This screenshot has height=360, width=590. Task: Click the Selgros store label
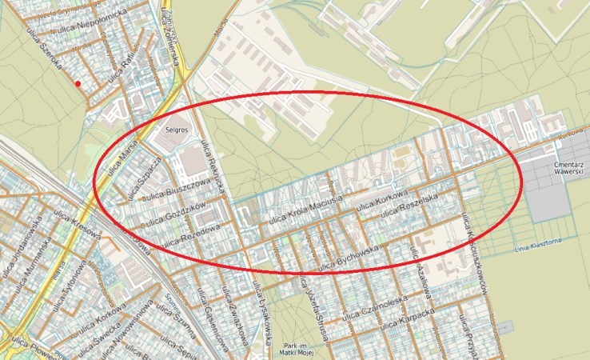[x=175, y=128]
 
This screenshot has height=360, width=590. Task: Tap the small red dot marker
[x=78, y=83]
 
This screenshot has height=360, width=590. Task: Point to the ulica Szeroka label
[x=46, y=55]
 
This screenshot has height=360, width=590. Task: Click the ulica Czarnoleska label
[x=407, y=302]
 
